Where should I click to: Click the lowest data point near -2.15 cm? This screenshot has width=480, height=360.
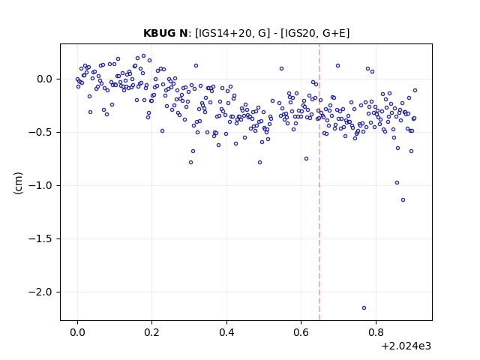pyautogui.click(x=364, y=308)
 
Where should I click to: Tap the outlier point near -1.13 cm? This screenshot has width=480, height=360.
pyautogui.click(x=403, y=200)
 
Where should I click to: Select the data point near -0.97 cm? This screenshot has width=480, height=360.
pyautogui.click(x=397, y=183)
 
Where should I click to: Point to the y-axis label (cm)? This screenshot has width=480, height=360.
pyautogui.click(x=18, y=183)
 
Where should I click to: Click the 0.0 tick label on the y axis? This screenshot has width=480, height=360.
pyautogui.click(x=44, y=79)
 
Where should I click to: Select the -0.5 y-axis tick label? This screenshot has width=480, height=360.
pyautogui.click(x=40, y=132)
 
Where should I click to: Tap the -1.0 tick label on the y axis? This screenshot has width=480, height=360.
pyautogui.click(x=40, y=185)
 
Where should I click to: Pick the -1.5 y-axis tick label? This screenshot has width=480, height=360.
pyautogui.click(x=40, y=238)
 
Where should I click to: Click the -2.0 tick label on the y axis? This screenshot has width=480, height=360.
pyautogui.click(x=40, y=292)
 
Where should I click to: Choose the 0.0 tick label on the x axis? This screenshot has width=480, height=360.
pyautogui.click(x=78, y=332)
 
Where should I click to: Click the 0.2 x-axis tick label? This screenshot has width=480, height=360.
pyautogui.click(x=152, y=332)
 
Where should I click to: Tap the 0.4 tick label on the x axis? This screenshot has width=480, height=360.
pyautogui.click(x=226, y=332)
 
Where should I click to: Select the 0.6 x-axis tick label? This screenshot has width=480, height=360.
pyautogui.click(x=301, y=332)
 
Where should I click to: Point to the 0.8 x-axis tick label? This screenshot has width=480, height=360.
pyautogui.click(x=376, y=332)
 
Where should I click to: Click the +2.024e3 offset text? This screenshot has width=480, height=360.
pyautogui.click(x=406, y=346)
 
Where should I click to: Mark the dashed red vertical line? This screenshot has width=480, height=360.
pyautogui.click(x=319, y=182)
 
